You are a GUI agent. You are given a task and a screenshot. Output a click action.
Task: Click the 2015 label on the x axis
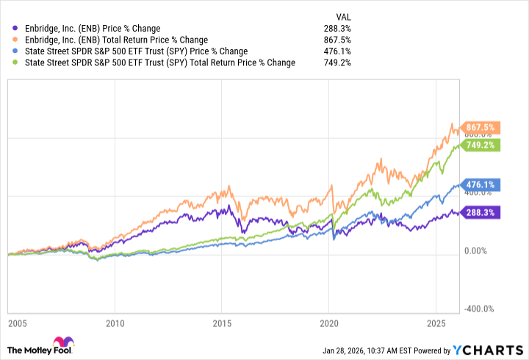(222, 323)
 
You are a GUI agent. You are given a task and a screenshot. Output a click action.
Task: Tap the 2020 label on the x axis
(330, 323)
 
